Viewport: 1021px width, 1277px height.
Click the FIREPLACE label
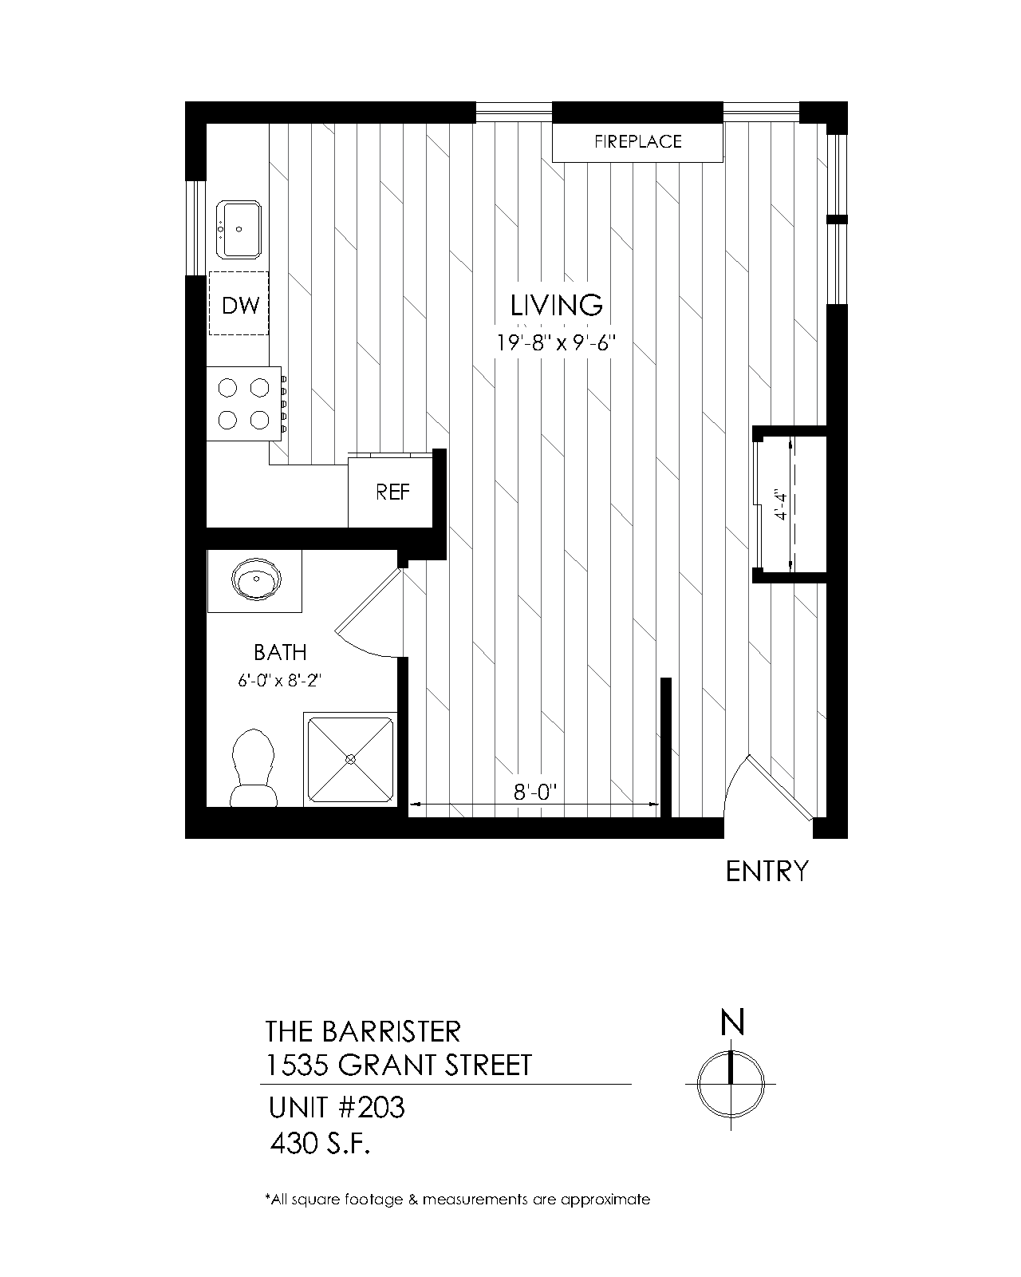pos(638,141)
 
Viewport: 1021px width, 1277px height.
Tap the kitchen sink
pos(238,230)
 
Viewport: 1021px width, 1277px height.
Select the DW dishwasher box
pos(238,303)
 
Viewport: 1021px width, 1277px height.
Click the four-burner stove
pos(244,404)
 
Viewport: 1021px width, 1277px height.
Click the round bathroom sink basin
pos(256,578)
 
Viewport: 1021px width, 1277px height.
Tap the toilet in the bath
pos(254,768)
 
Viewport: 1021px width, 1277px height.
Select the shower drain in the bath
pos(350,759)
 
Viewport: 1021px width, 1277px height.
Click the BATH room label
pos(280,653)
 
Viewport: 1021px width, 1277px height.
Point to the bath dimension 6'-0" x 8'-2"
pos(279,680)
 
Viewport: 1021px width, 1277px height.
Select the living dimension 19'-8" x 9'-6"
pos(557,343)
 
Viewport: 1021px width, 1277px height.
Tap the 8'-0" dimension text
pos(535,793)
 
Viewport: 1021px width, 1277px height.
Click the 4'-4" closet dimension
pos(781,505)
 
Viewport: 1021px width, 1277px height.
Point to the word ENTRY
pos(767,872)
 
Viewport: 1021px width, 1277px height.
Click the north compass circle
pos(731,1084)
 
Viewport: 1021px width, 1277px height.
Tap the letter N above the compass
pos(732,1022)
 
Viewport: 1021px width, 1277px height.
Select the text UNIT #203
pos(337,1107)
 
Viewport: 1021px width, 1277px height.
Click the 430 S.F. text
pos(321,1144)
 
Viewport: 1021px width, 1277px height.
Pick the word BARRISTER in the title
pos(392,1032)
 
